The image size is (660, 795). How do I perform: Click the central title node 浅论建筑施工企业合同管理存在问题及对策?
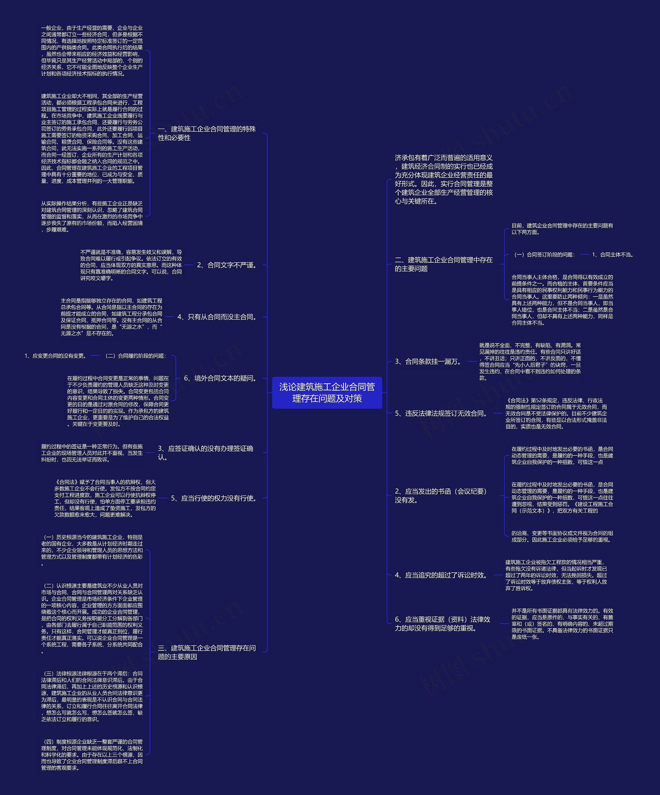pyautogui.click(x=327, y=392)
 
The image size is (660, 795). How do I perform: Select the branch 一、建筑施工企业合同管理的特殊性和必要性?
pyautogui.click(x=207, y=133)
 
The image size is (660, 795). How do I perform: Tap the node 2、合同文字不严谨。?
pyautogui.click(x=228, y=265)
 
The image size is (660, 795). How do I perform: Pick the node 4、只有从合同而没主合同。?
pyautogui.click(x=218, y=317)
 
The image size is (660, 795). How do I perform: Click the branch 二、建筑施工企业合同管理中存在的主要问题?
pyautogui.click(x=444, y=264)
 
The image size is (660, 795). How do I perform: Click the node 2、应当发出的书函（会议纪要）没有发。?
pyautogui.click(x=441, y=495)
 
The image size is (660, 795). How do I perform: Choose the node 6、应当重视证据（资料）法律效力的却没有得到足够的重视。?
pyautogui.click(x=442, y=623)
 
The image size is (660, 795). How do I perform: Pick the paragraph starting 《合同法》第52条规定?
pyautogui.click(x=556, y=413)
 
